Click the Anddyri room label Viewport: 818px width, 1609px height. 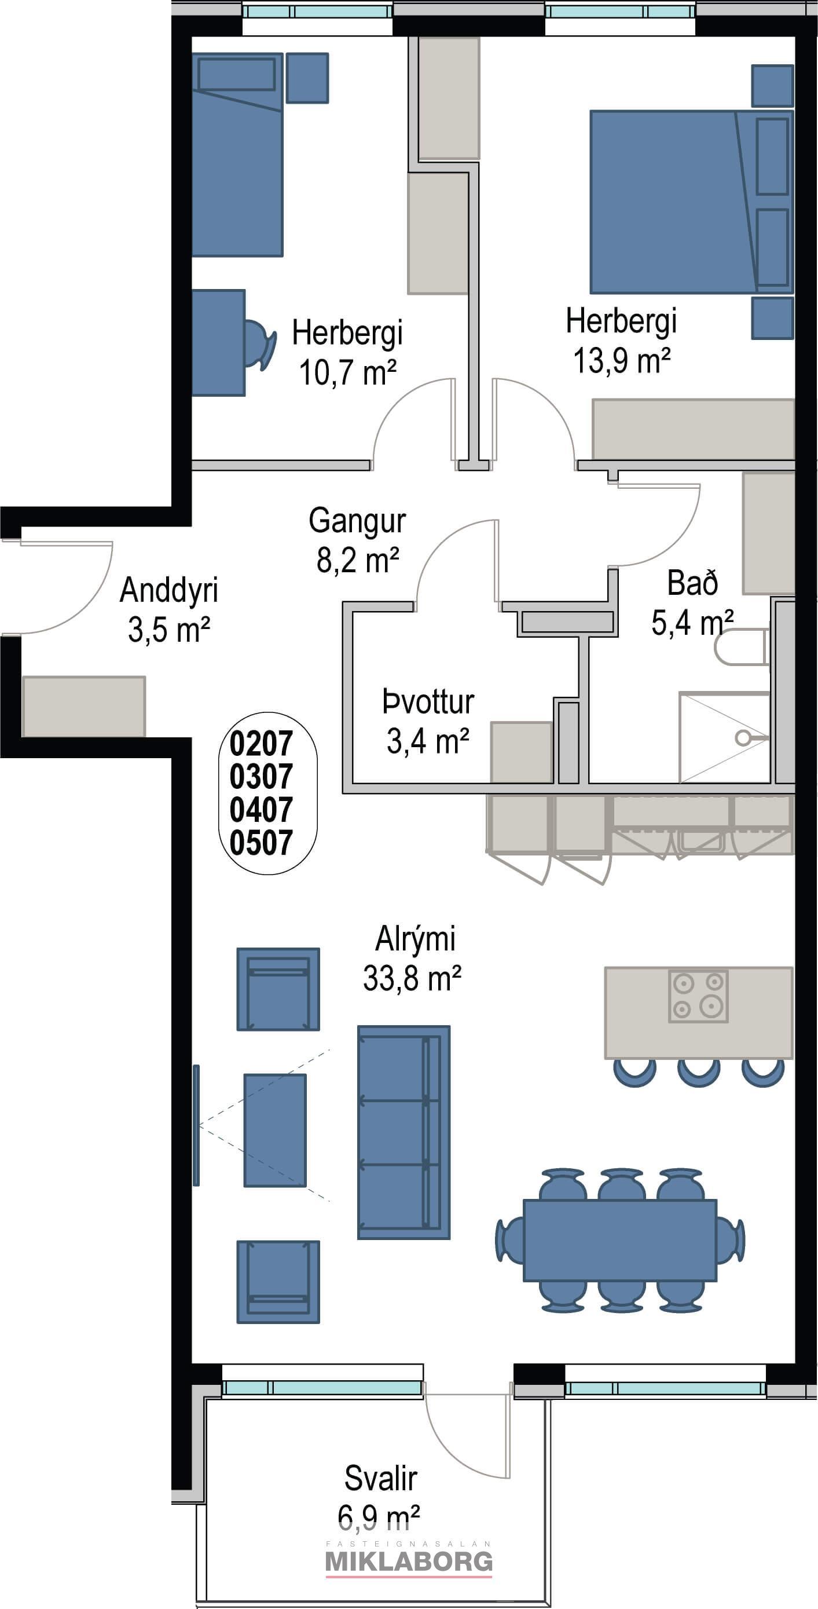pyautogui.click(x=168, y=609)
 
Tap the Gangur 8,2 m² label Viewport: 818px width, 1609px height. pyautogui.click(x=357, y=540)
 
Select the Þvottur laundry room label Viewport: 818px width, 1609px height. pyautogui.click(x=428, y=722)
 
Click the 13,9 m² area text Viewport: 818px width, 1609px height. pyautogui.click(x=622, y=360)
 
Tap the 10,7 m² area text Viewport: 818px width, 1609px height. pyautogui.click(x=348, y=372)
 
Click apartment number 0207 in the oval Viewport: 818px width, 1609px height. pyautogui.click(x=261, y=743)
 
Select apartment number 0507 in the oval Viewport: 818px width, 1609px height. pyautogui.click(x=261, y=843)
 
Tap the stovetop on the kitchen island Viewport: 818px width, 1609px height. pyautogui.click(x=698, y=996)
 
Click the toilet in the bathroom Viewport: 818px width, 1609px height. pyautogui.click(x=741, y=646)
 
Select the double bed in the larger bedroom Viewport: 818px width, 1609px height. pyautogui.click(x=691, y=202)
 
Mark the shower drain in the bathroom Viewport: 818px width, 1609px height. pyautogui.click(x=742, y=738)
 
